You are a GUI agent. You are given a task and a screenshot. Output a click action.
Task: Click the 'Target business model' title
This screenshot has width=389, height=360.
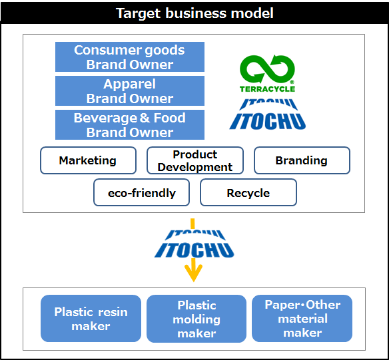click(x=195, y=13)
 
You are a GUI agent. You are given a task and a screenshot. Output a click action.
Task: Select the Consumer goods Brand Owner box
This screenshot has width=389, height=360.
click(x=130, y=57)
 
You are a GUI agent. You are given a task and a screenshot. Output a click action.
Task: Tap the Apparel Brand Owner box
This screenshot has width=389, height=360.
click(x=130, y=90)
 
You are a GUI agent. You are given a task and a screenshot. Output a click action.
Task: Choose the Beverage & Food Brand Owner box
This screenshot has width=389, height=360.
click(x=130, y=124)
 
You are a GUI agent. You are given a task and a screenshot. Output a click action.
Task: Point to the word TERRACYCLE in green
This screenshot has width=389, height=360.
click(x=268, y=89)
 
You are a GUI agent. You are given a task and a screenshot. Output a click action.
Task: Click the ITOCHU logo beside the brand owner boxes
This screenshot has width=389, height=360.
click(x=268, y=114)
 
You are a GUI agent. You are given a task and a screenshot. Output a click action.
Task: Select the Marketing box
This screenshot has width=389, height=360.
click(x=89, y=160)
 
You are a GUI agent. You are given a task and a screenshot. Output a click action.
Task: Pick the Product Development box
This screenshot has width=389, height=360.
click(x=195, y=160)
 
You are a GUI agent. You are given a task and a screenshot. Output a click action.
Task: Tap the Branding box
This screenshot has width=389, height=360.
click(x=302, y=160)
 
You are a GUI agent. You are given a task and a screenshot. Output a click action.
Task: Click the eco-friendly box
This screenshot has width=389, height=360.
click(x=142, y=192)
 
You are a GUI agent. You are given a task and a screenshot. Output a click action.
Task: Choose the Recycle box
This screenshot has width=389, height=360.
click(x=248, y=192)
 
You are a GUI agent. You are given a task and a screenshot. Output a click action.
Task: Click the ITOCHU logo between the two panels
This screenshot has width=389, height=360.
click(x=195, y=244)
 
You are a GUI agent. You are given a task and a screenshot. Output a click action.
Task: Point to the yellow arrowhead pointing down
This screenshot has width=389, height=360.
click(x=194, y=273)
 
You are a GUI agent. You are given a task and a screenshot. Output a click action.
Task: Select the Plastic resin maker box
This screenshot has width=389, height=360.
click(x=91, y=318)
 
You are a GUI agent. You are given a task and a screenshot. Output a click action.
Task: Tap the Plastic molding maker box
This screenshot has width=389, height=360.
click(x=196, y=319)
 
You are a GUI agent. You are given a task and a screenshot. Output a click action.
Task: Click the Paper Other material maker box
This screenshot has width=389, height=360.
click(x=302, y=318)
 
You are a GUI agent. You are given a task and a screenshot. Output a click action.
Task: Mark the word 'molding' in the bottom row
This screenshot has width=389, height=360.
click(x=196, y=319)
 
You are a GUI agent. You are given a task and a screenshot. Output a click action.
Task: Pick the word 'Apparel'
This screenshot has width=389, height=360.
click(x=129, y=85)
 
